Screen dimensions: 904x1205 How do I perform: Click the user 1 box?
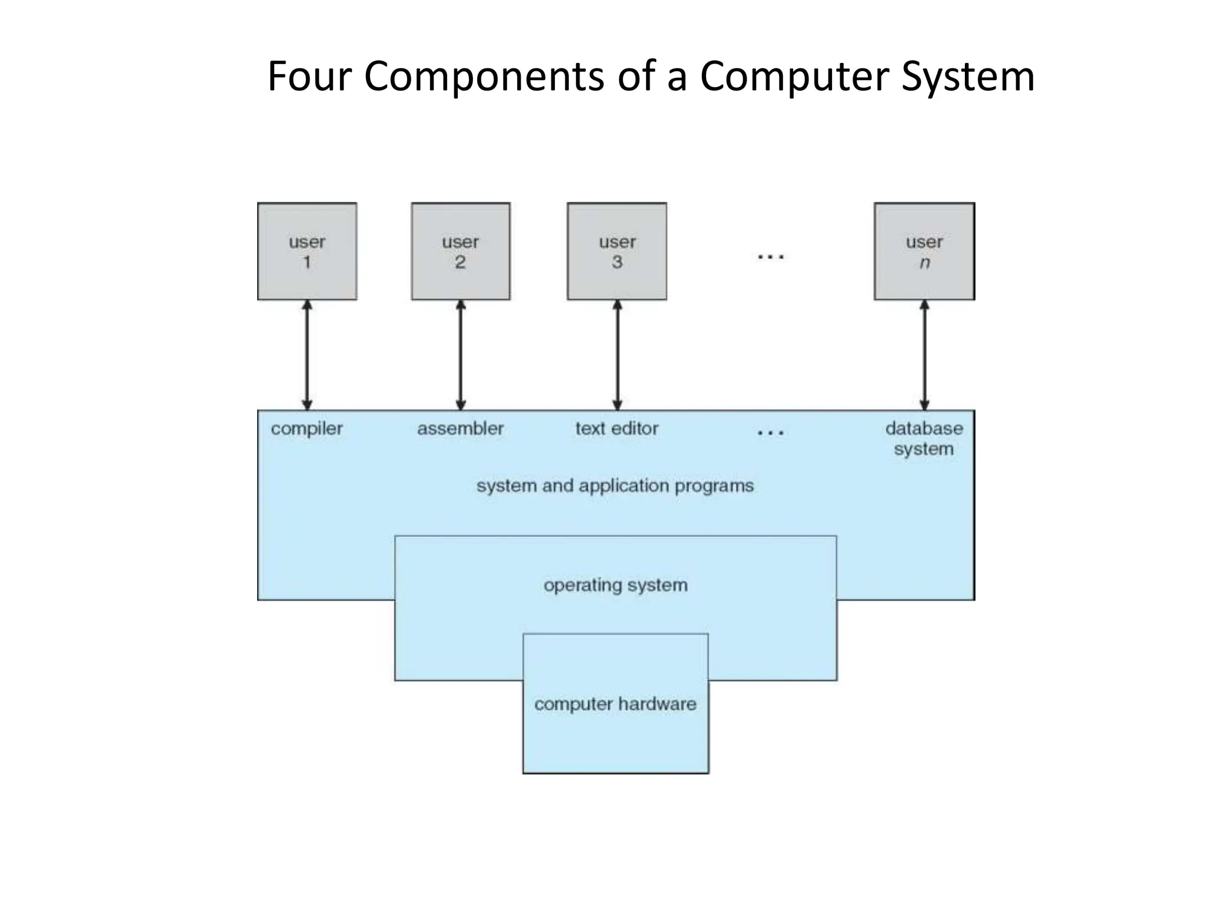click(307, 251)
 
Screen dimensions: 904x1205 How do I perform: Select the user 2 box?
click(460, 251)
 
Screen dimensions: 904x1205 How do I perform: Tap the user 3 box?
click(617, 251)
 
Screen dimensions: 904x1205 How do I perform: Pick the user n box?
click(924, 251)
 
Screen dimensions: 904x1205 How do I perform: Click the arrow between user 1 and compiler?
click(307, 355)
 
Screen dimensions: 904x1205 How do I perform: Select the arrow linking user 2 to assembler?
click(461, 355)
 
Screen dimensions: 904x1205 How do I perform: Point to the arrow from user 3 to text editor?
click(617, 355)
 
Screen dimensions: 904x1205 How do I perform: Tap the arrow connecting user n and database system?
click(924, 355)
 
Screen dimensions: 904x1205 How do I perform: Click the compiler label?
click(307, 429)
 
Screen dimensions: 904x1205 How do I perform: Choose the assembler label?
click(460, 429)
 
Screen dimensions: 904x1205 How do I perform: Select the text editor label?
click(617, 429)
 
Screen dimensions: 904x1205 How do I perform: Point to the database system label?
click(924, 438)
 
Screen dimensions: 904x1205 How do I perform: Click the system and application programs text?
click(615, 486)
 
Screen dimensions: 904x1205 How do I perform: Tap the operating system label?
click(615, 586)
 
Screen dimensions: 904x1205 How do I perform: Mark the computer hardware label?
click(615, 704)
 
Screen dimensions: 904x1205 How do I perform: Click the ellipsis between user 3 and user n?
click(770, 257)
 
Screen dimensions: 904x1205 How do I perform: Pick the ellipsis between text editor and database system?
click(770, 433)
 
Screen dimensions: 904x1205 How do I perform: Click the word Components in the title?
click(484, 77)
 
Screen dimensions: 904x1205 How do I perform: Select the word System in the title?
click(968, 77)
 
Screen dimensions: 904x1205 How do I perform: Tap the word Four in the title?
click(309, 77)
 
